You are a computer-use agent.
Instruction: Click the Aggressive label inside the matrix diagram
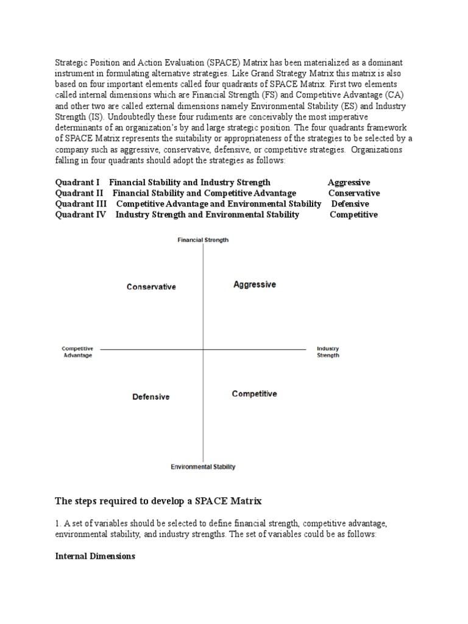pos(255,285)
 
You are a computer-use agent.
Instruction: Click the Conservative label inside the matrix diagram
pos(151,286)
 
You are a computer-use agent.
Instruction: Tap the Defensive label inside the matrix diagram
pos(151,397)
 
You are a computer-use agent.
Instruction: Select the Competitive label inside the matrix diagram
pos(254,394)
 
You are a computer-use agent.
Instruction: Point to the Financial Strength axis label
pos(203,240)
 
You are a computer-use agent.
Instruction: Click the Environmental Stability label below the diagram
pos(203,467)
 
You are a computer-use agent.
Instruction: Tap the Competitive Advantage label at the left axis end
pos(78,352)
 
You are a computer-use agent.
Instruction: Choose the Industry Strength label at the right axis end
pos(328,352)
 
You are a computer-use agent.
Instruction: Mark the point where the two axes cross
pos(203,349)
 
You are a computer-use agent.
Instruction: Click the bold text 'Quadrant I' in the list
pos(77,182)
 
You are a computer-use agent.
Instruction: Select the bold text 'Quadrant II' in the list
pos(79,193)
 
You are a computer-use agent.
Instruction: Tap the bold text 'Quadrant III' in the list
pos(81,204)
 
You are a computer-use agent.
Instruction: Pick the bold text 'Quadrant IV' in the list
pos(80,214)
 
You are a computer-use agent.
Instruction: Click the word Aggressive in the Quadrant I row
pos(349,182)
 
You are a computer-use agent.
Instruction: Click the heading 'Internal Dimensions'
pos(95,556)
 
